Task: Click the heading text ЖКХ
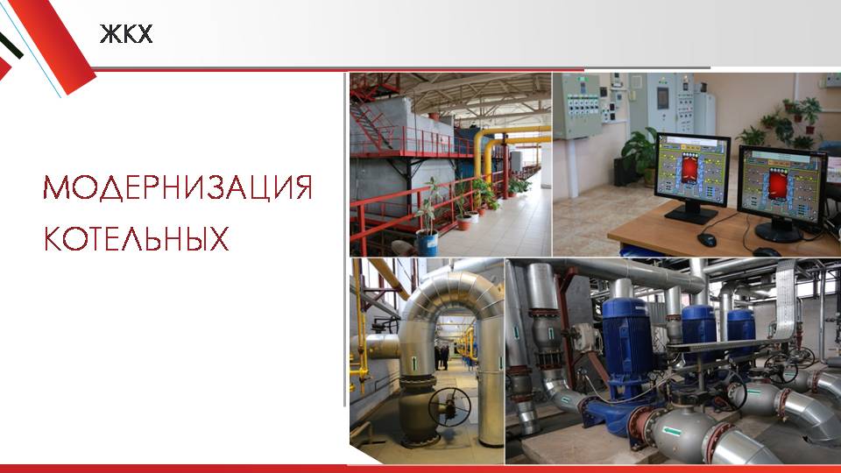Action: click(x=126, y=34)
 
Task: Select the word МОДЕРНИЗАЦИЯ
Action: click(x=178, y=187)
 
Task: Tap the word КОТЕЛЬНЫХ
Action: click(x=137, y=238)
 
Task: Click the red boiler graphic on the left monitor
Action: click(x=689, y=168)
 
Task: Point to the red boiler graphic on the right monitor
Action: click(x=778, y=183)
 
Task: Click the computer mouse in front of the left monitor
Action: click(x=707, y=239)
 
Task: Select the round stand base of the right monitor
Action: click(x=779, y=231)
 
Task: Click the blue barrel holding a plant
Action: click(x=427, y=243)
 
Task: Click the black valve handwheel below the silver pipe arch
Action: click(x=449, y=406)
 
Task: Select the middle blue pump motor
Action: click(x=699, y=333)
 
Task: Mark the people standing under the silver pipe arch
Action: click(x=442, y=357)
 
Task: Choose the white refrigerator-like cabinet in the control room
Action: click(x=704, y=111)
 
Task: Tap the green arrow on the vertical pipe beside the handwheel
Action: click(x=414, y=363)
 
